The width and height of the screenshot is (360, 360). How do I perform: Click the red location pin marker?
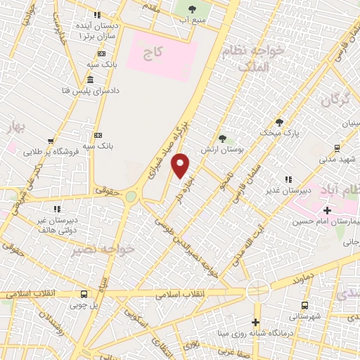point(181,166)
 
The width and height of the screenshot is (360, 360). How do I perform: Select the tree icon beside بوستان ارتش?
point(222,139)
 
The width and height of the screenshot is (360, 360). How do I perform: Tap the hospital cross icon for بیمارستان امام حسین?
point(327,210)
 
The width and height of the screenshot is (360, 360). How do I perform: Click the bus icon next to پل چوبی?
point(84,295)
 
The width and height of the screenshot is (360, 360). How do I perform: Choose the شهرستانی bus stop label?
point(304,316)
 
